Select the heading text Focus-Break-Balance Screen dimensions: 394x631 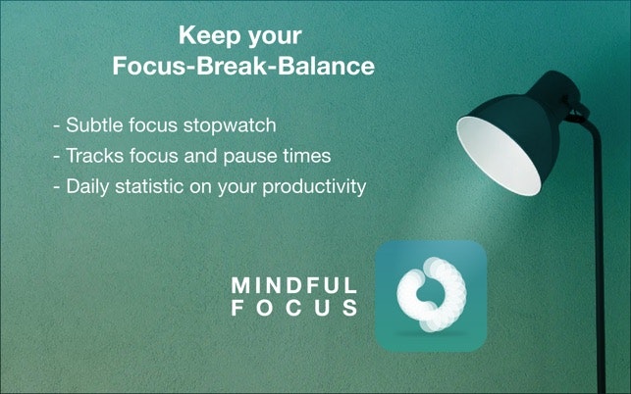(x=244, y=68)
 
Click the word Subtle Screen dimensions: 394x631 (x=95, y=126)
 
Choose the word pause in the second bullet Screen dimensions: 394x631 (x=258, y=156)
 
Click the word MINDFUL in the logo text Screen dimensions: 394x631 (x=293, y=285)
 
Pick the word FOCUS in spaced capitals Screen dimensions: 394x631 (x=293, y=308)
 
